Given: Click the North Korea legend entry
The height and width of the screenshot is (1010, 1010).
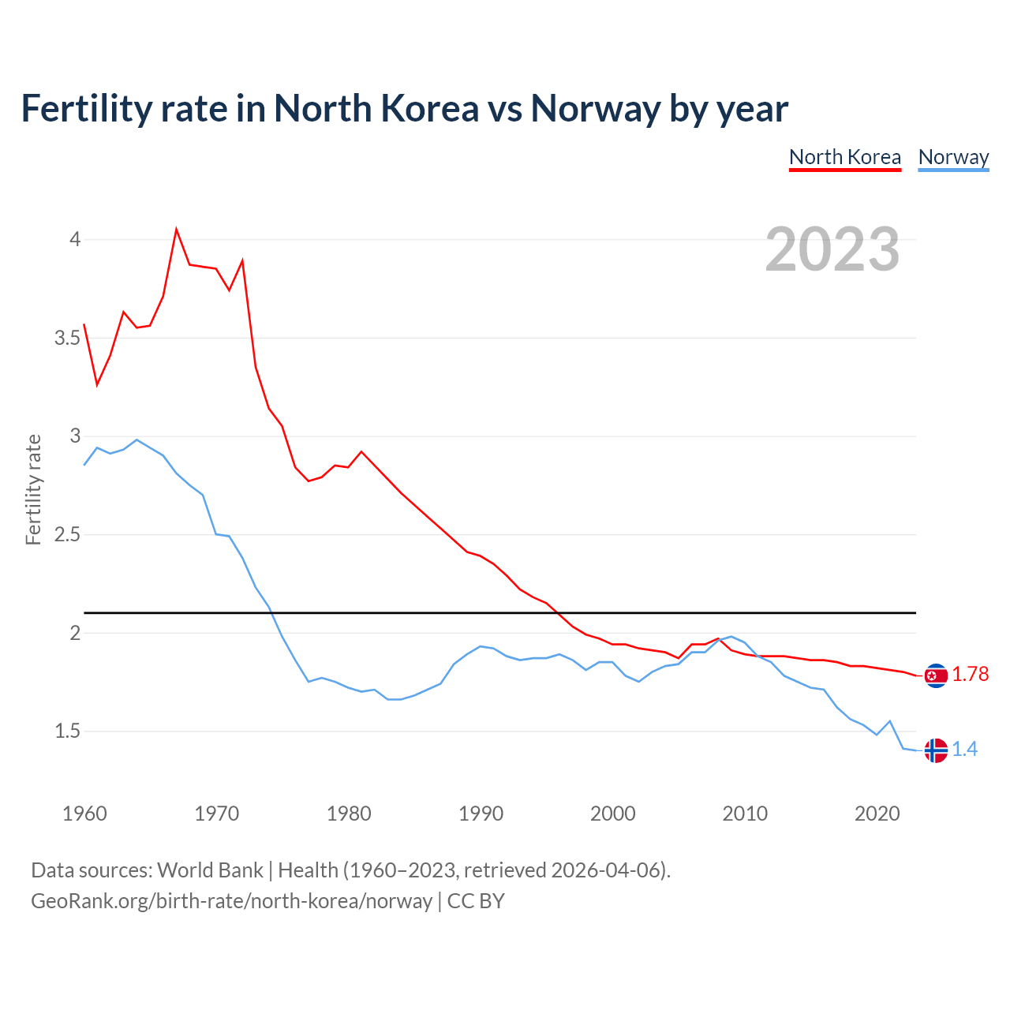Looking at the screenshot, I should point(844,157).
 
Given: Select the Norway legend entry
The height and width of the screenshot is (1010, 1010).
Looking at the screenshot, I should point(953,157).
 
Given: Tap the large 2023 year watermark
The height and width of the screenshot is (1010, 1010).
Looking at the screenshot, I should point(832,249).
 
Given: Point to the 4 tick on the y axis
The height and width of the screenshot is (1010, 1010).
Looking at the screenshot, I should point(75,239).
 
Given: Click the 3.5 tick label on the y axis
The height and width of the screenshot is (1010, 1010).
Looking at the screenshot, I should point(67,338).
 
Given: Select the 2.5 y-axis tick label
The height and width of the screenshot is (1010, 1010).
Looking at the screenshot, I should point(67,535).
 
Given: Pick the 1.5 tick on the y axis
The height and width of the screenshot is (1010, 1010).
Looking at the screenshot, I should point(67,731).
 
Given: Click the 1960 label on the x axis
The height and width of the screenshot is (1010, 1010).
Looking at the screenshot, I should point(84,814).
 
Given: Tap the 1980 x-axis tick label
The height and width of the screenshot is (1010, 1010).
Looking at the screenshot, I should point(349,814).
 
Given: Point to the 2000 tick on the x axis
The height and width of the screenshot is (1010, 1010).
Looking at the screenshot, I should point(612,814).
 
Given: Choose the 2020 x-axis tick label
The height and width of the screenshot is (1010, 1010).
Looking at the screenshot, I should point(877,814).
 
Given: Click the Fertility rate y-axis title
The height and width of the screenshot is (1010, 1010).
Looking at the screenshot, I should point(33,489).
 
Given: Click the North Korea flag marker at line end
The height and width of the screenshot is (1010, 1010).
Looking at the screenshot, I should point(936,675).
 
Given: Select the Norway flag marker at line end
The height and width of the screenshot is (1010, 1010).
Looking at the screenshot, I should point(936,750).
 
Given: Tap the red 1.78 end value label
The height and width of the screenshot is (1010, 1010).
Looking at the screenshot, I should point(970,675).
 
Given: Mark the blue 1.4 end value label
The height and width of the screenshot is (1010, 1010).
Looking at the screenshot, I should point(964,750).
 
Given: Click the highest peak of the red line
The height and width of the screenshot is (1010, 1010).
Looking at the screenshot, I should point(176,230).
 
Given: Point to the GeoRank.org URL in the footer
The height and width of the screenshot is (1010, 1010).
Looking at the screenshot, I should point(231,901).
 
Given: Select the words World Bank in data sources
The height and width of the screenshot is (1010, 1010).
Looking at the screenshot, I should point(210,870).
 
